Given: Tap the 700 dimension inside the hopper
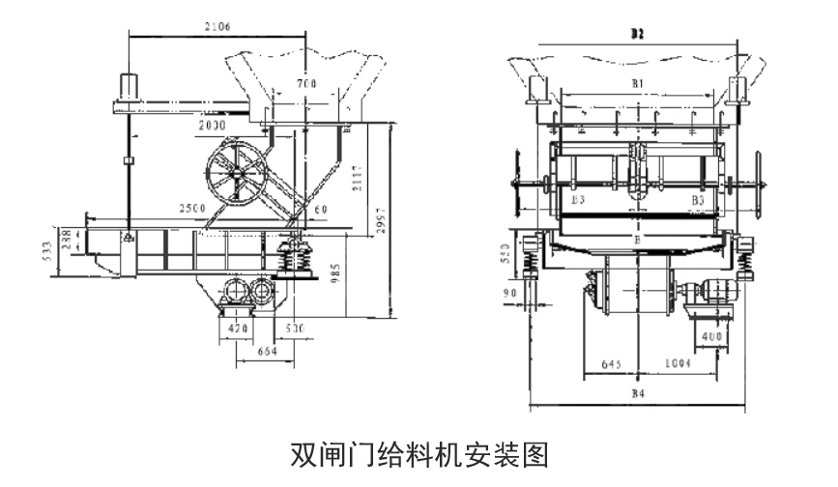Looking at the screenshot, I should pos(306,85).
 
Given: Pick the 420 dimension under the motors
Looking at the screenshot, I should pos(237,329).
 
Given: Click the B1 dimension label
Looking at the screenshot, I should pos(638,84).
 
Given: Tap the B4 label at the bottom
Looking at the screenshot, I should pos(637,393).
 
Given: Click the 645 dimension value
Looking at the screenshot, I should pos(614,365).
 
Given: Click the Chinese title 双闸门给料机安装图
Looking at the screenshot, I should pos(419,452).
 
